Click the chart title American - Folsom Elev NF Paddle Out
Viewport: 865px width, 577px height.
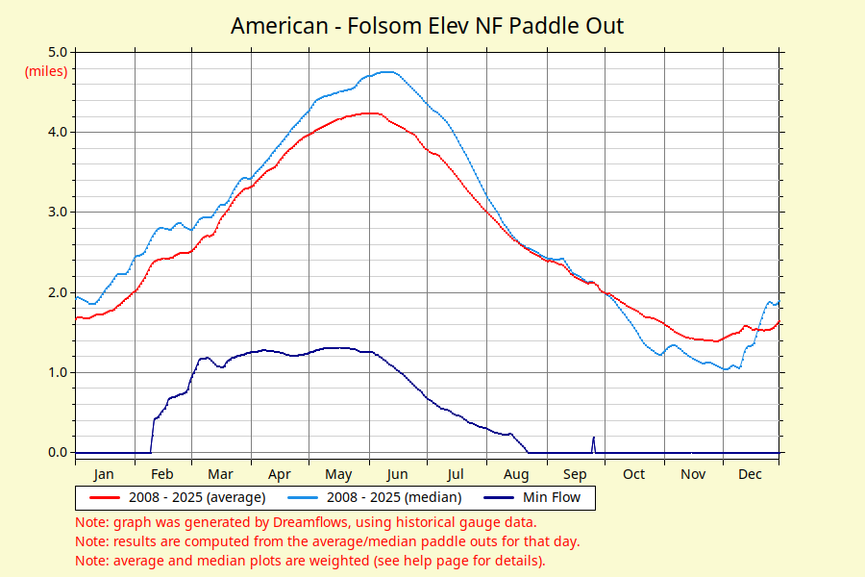(x=427, y=26)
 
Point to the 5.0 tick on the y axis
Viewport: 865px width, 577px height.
(x=58, y=52)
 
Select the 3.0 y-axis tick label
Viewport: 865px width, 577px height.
(x=58, y=212)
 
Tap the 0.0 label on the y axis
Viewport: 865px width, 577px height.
(x=58, y=452)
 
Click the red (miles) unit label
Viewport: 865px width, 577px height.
(x=46, y=71)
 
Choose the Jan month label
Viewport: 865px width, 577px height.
(x=104, y=474)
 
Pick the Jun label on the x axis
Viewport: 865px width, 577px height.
(x=397, y=474)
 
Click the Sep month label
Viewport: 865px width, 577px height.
(x=575, y=474)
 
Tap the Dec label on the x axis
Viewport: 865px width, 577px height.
(x=750, y=474)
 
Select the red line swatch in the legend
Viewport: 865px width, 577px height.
(x=105, y=497)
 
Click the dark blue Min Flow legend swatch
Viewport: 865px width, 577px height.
(x=499, y=497)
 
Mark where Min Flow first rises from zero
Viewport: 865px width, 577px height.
(x=151, y=453)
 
